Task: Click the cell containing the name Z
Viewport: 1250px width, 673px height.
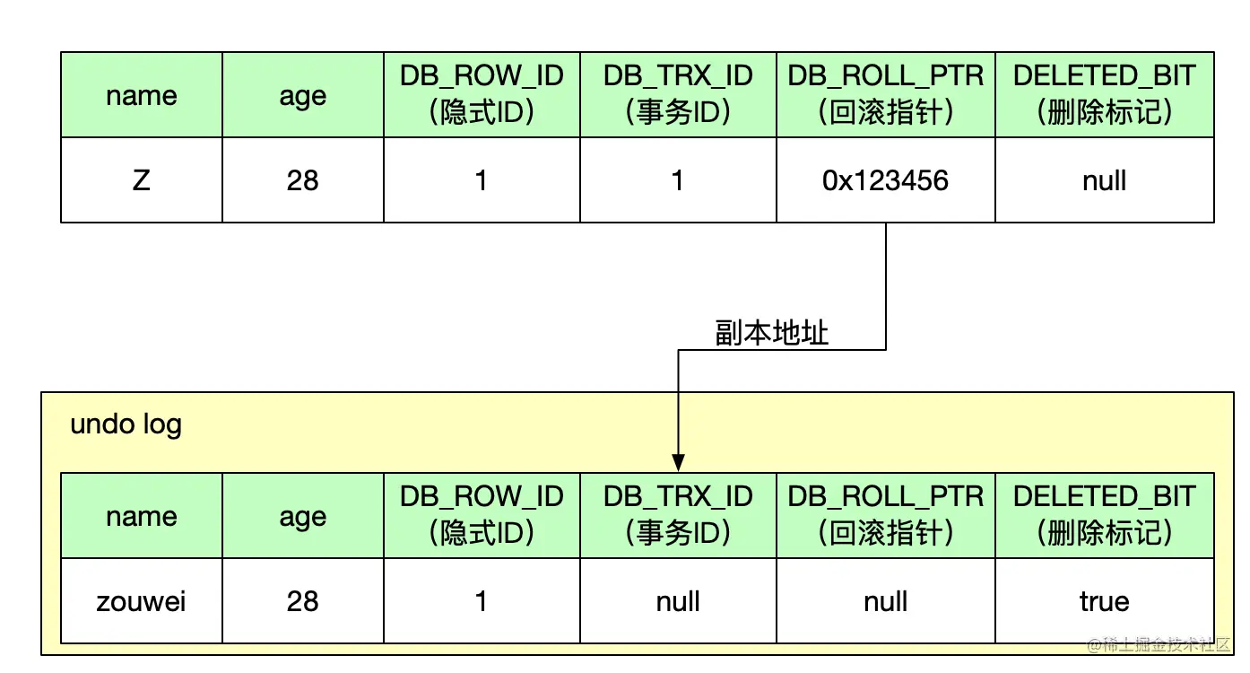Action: pyautogui.click(x=141, y=180)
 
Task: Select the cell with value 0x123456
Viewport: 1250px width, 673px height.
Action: pyautogui.click(x=885, y=180)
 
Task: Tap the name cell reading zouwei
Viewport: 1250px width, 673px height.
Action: pyautogui.click(x=141, y=601)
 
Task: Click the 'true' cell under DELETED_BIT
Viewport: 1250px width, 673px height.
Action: pyautogui.click(x=1104, y=601)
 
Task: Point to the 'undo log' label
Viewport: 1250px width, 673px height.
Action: pyautogui.click(x=126, y=424)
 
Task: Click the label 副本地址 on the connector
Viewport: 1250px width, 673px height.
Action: pyautogui.click(x=772, y=334)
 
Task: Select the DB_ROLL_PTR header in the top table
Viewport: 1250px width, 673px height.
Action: pyautogui.click(x=885, y=94)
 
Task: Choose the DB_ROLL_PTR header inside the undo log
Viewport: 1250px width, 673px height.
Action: pyautogui.click(x=885, y=515)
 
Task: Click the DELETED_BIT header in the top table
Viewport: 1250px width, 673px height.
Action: pyautogui.click(x=1104, y=94)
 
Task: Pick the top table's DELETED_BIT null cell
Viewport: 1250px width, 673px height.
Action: pyautogui.click(x=1104, y=180)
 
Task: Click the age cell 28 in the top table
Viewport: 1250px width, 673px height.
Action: pyautogui.click(x=302, y=180)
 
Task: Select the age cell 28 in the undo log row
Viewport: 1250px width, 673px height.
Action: pyautogui.click(x=302, y=601)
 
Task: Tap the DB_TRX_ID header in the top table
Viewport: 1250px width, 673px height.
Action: pyautogui.click(x=678, y=94)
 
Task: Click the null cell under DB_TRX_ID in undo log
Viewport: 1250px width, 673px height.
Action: pyautogui.click(x=678, y=601)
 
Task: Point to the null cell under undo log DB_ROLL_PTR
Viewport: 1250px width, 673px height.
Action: pyautogui.click(x=885, y=601)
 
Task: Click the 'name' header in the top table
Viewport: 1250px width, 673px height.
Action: pyautogui.click(x=141, y=95)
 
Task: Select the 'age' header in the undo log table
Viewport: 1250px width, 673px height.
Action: pyautogui.click(x=302, y=516)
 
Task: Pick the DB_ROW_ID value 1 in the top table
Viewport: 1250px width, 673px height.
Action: pyautogui.click(x=482, y=180)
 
